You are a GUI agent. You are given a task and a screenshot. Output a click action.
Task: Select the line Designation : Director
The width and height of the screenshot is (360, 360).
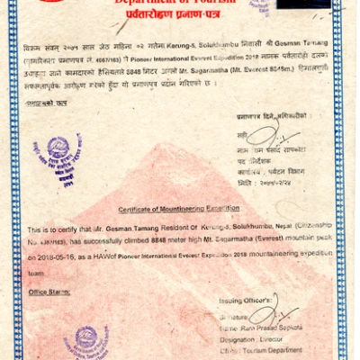[253, 341]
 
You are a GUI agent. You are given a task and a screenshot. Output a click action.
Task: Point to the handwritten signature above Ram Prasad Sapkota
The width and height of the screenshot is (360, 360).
[265, 314]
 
